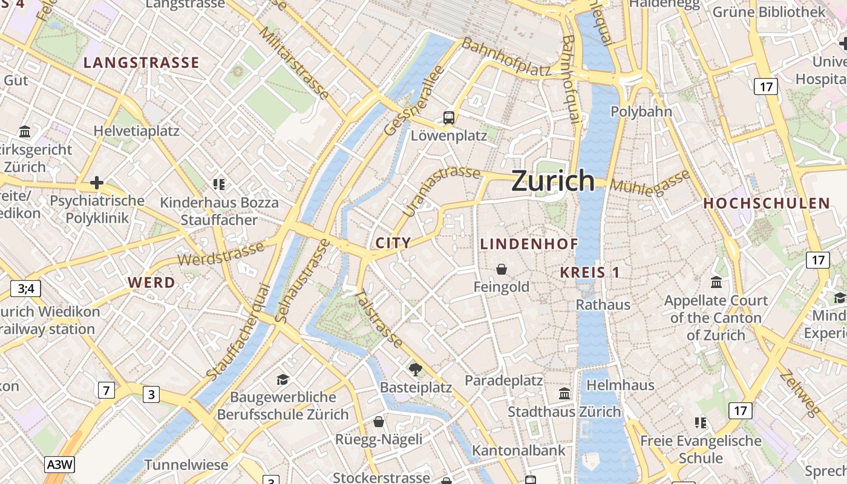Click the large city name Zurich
(x=553, y=181)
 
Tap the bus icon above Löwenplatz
(x=449, y=117)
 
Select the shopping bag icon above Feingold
(x=501, y=269)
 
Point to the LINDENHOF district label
(x=529, y=244)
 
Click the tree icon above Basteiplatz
(x=416, y=368)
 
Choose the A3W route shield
(x=60, y=465)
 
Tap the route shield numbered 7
(x=106, y=390)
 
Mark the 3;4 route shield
(x=25, y=289)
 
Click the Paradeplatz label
(x=503, y=381)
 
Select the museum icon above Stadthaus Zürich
(x=564, y=393)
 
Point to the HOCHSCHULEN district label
(x=766, y=204)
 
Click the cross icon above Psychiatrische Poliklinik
(x=97, y=182)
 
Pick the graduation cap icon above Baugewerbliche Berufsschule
(x=283, y=379)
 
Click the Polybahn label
(x=641, y=111)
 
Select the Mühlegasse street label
(x=650, y=181)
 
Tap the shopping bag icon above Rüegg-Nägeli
(x=379, y=421)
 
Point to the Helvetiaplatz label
(x=136, y=131)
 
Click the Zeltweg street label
(x=800, y=394)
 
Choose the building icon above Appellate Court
(x=716, y=282)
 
